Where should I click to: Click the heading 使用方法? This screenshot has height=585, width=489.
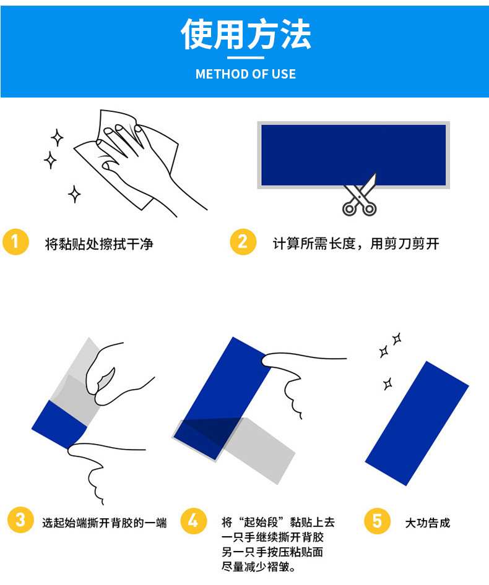coord(246,34)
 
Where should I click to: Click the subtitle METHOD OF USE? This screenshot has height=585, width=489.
coord(246,74)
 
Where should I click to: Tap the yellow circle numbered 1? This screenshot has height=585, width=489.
coord(15,242)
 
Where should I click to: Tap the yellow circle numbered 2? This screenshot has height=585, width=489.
coord(243,242)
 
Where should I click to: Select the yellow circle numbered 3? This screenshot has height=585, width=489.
coord(20,520)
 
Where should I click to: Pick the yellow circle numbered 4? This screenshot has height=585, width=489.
coord(193,520)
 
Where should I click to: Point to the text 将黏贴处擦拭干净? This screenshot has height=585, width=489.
coord(99,244)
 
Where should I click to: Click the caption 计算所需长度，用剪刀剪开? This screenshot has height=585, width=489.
coord(356,244)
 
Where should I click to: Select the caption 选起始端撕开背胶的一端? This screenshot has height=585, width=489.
coord(105,523)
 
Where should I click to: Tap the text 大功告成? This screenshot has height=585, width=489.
coord(428,523)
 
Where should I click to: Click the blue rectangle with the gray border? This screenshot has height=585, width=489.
coord(353,155)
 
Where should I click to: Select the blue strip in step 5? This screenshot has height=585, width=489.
coord(417,423)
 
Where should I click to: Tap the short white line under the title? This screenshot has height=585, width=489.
coord(246,58)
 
